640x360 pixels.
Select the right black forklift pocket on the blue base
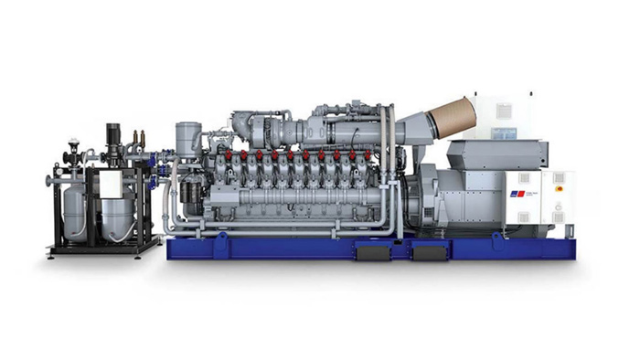[426, 249]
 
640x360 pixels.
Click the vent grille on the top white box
[504, 111]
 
